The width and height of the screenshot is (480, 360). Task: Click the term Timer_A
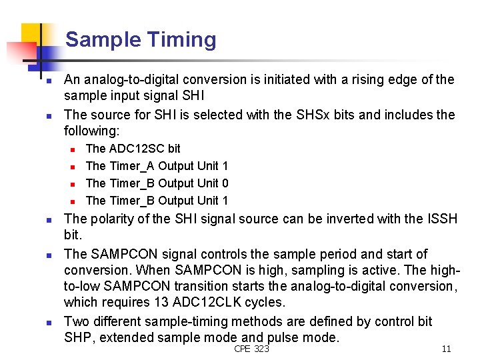(x=131, y=165)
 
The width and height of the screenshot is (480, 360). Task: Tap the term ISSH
(x=442, y=219)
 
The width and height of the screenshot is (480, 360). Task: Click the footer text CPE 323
(x=251, y=349)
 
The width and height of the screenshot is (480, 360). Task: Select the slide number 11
(x=446, y=349)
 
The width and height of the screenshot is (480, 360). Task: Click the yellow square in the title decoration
(x=32, y=36)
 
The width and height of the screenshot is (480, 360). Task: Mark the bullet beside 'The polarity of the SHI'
(x=41, y=220)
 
